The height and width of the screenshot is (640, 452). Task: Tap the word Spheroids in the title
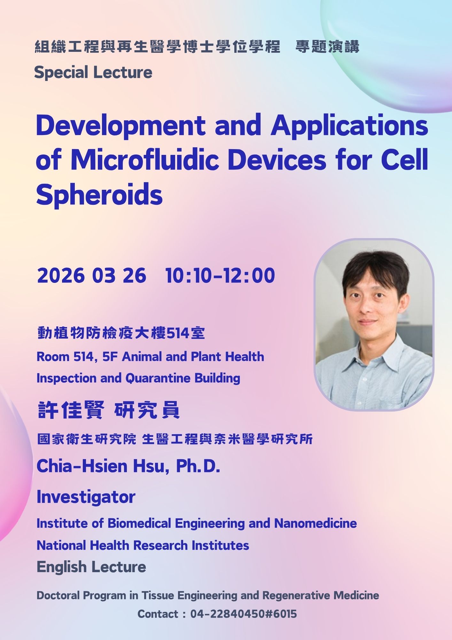(99, 195)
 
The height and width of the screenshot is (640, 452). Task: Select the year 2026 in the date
(61, 276)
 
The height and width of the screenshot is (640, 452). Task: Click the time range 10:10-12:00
(220, 276)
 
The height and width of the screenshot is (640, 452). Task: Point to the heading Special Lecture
(93, 72)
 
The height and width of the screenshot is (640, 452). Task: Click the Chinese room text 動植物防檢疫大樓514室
(121, 333)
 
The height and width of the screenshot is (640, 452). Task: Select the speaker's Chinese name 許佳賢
(71, 410)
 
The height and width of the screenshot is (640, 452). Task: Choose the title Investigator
(86, 497)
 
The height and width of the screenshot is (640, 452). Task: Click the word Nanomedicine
(316, 524)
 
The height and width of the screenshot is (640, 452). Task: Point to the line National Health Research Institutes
(143, 545)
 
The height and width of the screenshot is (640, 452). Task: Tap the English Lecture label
(91, 567)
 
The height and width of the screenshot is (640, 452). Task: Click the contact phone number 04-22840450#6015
(244, 614)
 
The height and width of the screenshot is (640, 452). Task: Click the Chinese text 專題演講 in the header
(327, 47)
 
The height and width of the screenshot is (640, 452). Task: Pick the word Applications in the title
(349, 126)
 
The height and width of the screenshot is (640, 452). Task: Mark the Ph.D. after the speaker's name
(198, 466)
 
